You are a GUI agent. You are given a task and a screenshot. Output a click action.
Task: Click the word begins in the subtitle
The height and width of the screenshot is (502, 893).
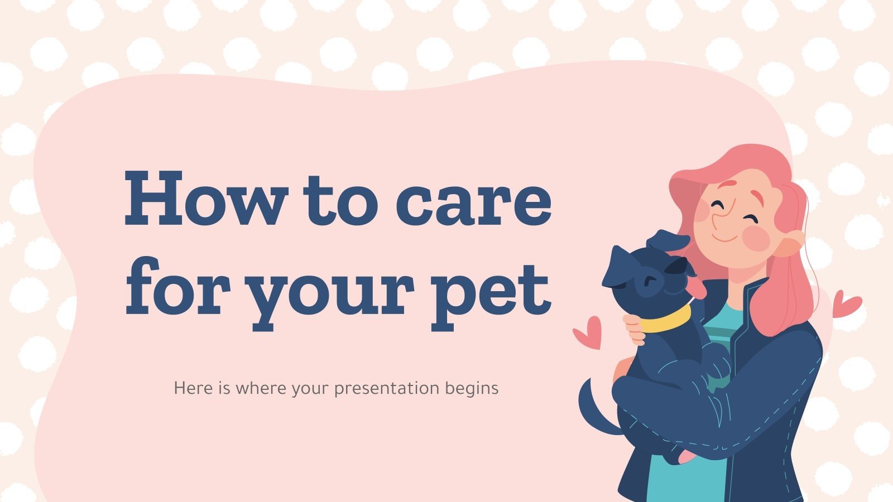(472, 388)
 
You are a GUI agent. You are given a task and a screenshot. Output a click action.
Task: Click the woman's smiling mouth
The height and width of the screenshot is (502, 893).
(724, 238)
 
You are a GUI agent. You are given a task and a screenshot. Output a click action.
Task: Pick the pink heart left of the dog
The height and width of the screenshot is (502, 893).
(588, 332)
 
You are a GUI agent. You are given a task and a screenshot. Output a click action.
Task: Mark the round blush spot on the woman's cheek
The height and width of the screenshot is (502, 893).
(756, 238)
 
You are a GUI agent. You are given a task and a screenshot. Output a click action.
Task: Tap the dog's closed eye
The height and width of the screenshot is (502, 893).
(648, 279)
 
